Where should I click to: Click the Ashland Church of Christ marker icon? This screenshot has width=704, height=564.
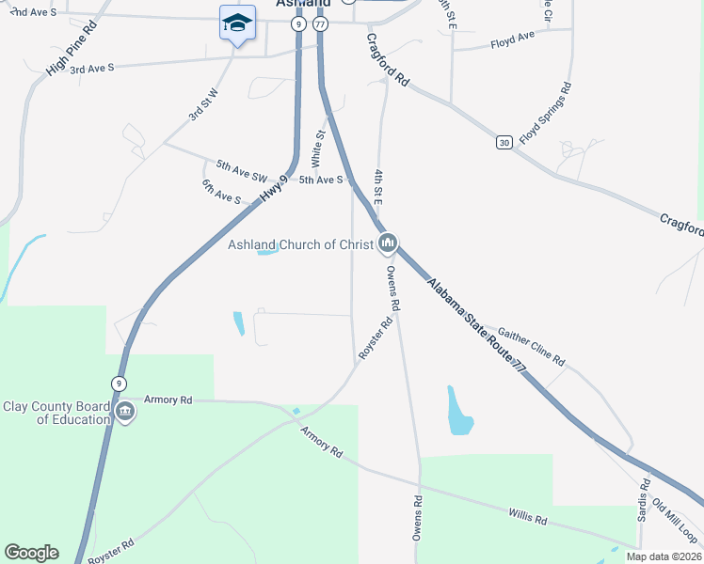388,245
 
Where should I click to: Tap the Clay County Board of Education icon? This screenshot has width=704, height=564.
124,412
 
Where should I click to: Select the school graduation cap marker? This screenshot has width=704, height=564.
237,22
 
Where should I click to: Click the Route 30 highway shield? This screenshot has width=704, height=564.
505,142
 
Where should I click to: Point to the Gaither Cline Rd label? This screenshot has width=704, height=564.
531,347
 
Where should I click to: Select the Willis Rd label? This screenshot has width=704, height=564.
528,516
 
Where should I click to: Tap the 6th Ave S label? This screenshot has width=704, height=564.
221,191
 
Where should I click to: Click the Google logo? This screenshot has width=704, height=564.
31,553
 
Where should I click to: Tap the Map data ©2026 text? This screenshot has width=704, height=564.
663,556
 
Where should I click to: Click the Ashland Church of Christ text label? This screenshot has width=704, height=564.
301,245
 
